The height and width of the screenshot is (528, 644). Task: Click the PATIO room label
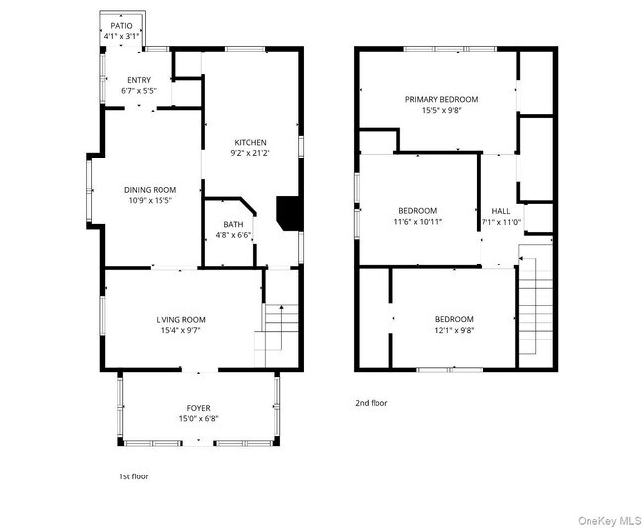[x=121, y=26]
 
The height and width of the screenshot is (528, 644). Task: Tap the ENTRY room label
[x=139, y=80]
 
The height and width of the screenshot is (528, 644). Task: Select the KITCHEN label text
[x=250, y=142]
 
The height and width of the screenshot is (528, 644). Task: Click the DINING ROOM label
[x=150, y=190]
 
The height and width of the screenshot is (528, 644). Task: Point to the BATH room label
[x=233, y=225]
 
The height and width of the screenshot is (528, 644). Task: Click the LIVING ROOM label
[x=180, y=319]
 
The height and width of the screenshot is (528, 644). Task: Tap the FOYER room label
[x=198, y=408]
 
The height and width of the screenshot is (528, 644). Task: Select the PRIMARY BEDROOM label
[x=441, y=99]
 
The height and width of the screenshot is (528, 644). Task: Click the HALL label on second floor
[x=501, y=211]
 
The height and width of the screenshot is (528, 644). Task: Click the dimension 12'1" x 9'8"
[x=455, y=330]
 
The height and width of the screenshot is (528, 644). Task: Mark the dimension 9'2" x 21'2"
[x=250, y=154]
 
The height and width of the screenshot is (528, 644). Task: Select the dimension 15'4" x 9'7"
[x=180, y=331]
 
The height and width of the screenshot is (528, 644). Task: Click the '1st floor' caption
[x=134, y=476]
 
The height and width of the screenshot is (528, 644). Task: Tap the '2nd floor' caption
[x=372, y=403]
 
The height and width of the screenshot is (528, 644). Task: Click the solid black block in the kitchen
[x=288, y=212]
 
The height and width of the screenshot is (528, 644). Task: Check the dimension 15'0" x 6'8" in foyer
[x=198, y=419]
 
